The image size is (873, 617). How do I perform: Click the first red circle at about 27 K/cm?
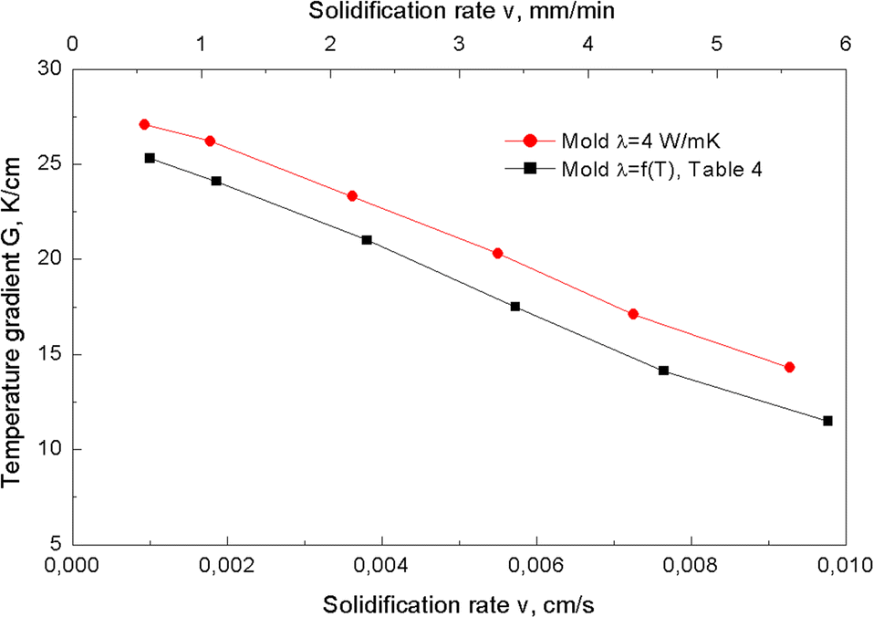pos(144,124)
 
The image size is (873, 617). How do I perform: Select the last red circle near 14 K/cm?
pos(789,367)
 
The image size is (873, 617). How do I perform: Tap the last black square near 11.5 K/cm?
pos(827,421)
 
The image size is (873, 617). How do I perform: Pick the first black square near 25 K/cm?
pos(150,158)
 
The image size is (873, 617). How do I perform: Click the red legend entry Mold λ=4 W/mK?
pos(621,142)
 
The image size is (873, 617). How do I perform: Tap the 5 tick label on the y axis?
pos(58,544)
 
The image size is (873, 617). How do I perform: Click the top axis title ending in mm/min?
pos(459,12)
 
